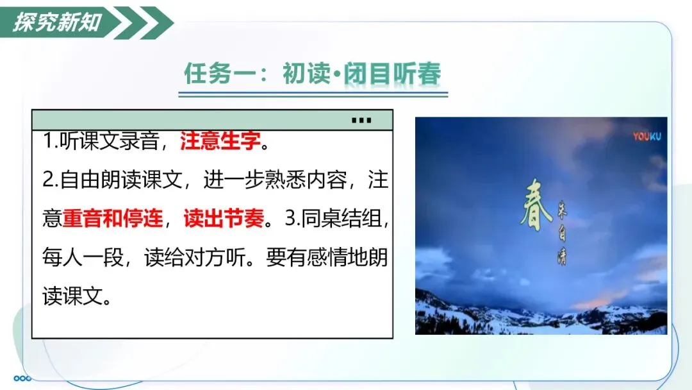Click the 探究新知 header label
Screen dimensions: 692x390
coord(57,22)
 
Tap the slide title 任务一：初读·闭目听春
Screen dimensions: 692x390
coord(313,73)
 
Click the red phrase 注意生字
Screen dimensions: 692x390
coord(220,140)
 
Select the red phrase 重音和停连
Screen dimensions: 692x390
coord(113,218)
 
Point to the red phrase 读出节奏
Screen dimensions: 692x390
coord(224,218)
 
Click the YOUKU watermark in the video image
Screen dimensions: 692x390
coord(647,137)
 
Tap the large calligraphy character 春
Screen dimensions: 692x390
coord(536,205)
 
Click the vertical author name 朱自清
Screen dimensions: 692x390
coord(562,232)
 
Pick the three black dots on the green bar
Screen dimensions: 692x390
coord(361,120)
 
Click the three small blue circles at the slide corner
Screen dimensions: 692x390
coord(22,378)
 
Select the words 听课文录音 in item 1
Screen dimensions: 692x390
coord(109,140)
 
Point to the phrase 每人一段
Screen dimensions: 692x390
coord(83,257)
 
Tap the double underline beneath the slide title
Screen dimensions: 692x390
coord(313,94)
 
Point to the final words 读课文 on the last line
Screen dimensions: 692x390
coord(73,296)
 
